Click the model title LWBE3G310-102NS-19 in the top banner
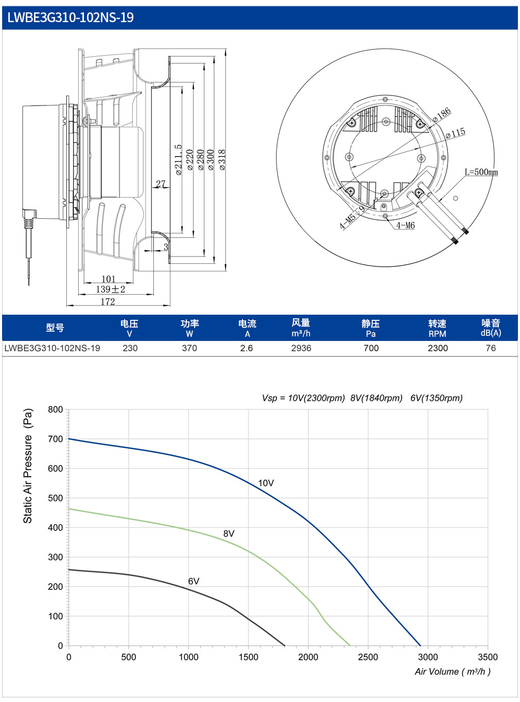70,18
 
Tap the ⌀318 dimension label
222,160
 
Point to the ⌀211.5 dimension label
179,160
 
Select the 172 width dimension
108,301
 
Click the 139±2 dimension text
111,289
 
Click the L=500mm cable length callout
481,172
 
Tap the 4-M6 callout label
405,226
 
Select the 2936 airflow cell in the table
301,348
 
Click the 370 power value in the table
189,348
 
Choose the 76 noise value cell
491,348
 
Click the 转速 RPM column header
438,328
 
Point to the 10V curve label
266,483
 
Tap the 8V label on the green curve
229,534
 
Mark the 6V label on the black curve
194,581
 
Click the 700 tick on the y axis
56,439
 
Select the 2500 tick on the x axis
368,657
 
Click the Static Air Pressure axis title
28,466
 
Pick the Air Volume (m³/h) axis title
453,672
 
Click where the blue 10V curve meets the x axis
420,646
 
